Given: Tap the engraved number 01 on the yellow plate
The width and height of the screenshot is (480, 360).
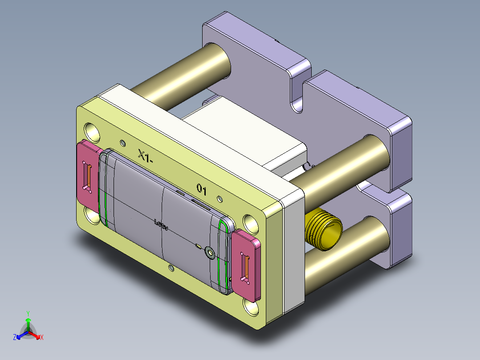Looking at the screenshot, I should (x=202, y=190).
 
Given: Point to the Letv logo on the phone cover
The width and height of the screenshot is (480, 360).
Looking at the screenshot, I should (x=161, y=225).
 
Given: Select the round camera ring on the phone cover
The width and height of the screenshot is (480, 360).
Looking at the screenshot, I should (x=210, y=253).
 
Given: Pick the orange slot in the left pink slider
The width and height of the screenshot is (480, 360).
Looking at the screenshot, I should (x=88, y=177).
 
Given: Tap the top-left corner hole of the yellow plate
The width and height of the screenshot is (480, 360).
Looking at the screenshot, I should (x=93, y=131).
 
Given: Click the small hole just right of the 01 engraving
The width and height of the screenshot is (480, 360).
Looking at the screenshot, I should (x=219, y=198).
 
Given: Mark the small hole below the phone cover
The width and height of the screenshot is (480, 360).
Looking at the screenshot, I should (x=171, y=268).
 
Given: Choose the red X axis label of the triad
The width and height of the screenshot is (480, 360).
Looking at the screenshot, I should (x=42, y=338).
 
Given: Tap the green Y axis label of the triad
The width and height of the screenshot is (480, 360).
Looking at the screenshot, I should (x=28, y=313).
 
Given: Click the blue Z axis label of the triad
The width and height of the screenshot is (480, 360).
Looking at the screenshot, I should (x=15, y=338).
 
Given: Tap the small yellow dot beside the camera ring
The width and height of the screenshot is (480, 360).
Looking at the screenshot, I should (x=199, y=245).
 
